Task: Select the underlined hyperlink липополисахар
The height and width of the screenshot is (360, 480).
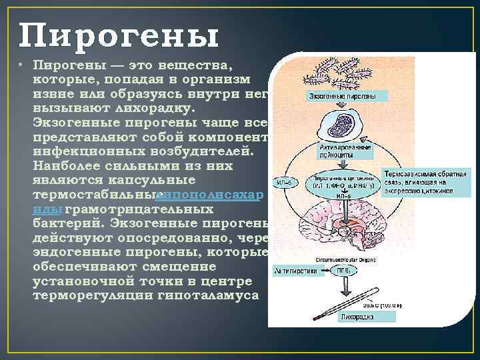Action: click(211, 195)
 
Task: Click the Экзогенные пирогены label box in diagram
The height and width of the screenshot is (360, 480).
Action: click(341, 97)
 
